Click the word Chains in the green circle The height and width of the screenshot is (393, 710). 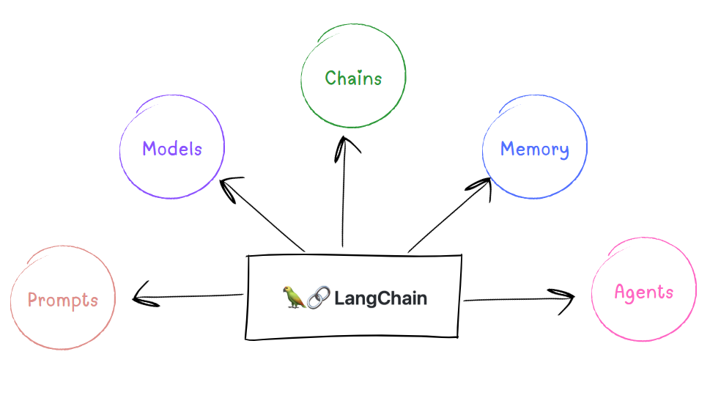point(353,78)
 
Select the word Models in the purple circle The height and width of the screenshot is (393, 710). point(172,149)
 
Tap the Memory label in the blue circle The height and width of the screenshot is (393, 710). point(535,150)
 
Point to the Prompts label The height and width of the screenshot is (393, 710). point(63,301)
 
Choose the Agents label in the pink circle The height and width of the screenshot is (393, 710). point(644,293)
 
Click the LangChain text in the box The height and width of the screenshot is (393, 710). point(380,298)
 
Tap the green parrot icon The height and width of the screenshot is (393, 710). point(294,298)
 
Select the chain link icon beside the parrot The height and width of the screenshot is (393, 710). point(319,298)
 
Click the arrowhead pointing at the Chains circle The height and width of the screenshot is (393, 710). point(345,148)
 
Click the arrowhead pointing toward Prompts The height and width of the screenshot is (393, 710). point(144,295)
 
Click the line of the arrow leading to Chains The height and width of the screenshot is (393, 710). point(343,192)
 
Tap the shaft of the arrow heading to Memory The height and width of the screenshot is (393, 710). point(449,216)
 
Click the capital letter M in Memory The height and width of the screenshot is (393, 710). point(508,148)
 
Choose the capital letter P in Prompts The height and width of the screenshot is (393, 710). point(32,300)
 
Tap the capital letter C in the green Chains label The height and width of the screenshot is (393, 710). point(330,78)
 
